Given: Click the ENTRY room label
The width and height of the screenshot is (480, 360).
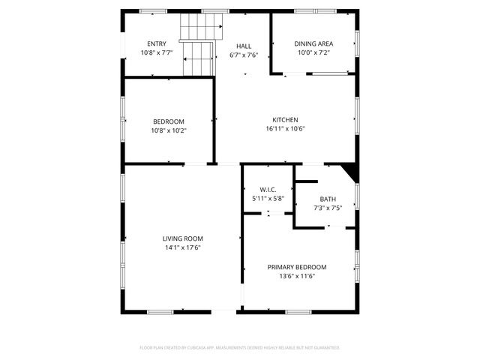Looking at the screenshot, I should click(x=157, y=43).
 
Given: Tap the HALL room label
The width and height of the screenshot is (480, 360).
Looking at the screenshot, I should click(x=244, y=46).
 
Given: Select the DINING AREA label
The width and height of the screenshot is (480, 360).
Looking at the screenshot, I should click(x=313, y=43).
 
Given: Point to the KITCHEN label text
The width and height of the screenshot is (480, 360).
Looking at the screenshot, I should click(x=285, y=120).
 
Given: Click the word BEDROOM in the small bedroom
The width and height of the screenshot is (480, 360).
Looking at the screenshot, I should click(x=169, y=121).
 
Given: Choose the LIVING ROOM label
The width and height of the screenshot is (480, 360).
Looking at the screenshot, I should click(x=183, y=239).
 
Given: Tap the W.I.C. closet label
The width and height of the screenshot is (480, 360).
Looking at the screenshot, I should click(x=268, y=190).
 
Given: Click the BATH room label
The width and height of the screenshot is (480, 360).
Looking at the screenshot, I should click(x=328, y=199).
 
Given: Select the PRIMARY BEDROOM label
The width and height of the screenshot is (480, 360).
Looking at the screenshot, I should click(x=297, y=267).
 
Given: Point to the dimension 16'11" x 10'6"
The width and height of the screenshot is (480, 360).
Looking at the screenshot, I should click(x=285, y=129).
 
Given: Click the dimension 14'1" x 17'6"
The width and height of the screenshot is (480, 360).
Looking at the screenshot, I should click(x=183, y=248).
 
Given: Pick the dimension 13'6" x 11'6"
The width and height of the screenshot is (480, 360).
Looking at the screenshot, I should click(x=297, y=276).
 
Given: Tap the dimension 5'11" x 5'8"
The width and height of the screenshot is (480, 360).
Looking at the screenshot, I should click(x=268, y=199).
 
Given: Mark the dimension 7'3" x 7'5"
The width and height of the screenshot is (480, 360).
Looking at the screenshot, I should click(x=328, y=208).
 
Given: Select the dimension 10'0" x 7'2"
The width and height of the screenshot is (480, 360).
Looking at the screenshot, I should click(x=313, y=53).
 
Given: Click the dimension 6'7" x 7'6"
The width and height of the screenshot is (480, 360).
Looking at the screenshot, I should click(x=244, y=55).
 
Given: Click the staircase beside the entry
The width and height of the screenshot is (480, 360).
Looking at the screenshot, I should click(x=199, y=46).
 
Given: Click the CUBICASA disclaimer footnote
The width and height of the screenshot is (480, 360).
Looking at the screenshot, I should click(x=240, y=348).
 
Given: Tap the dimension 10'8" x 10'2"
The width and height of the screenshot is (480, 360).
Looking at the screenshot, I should click(x=169, y=130).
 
